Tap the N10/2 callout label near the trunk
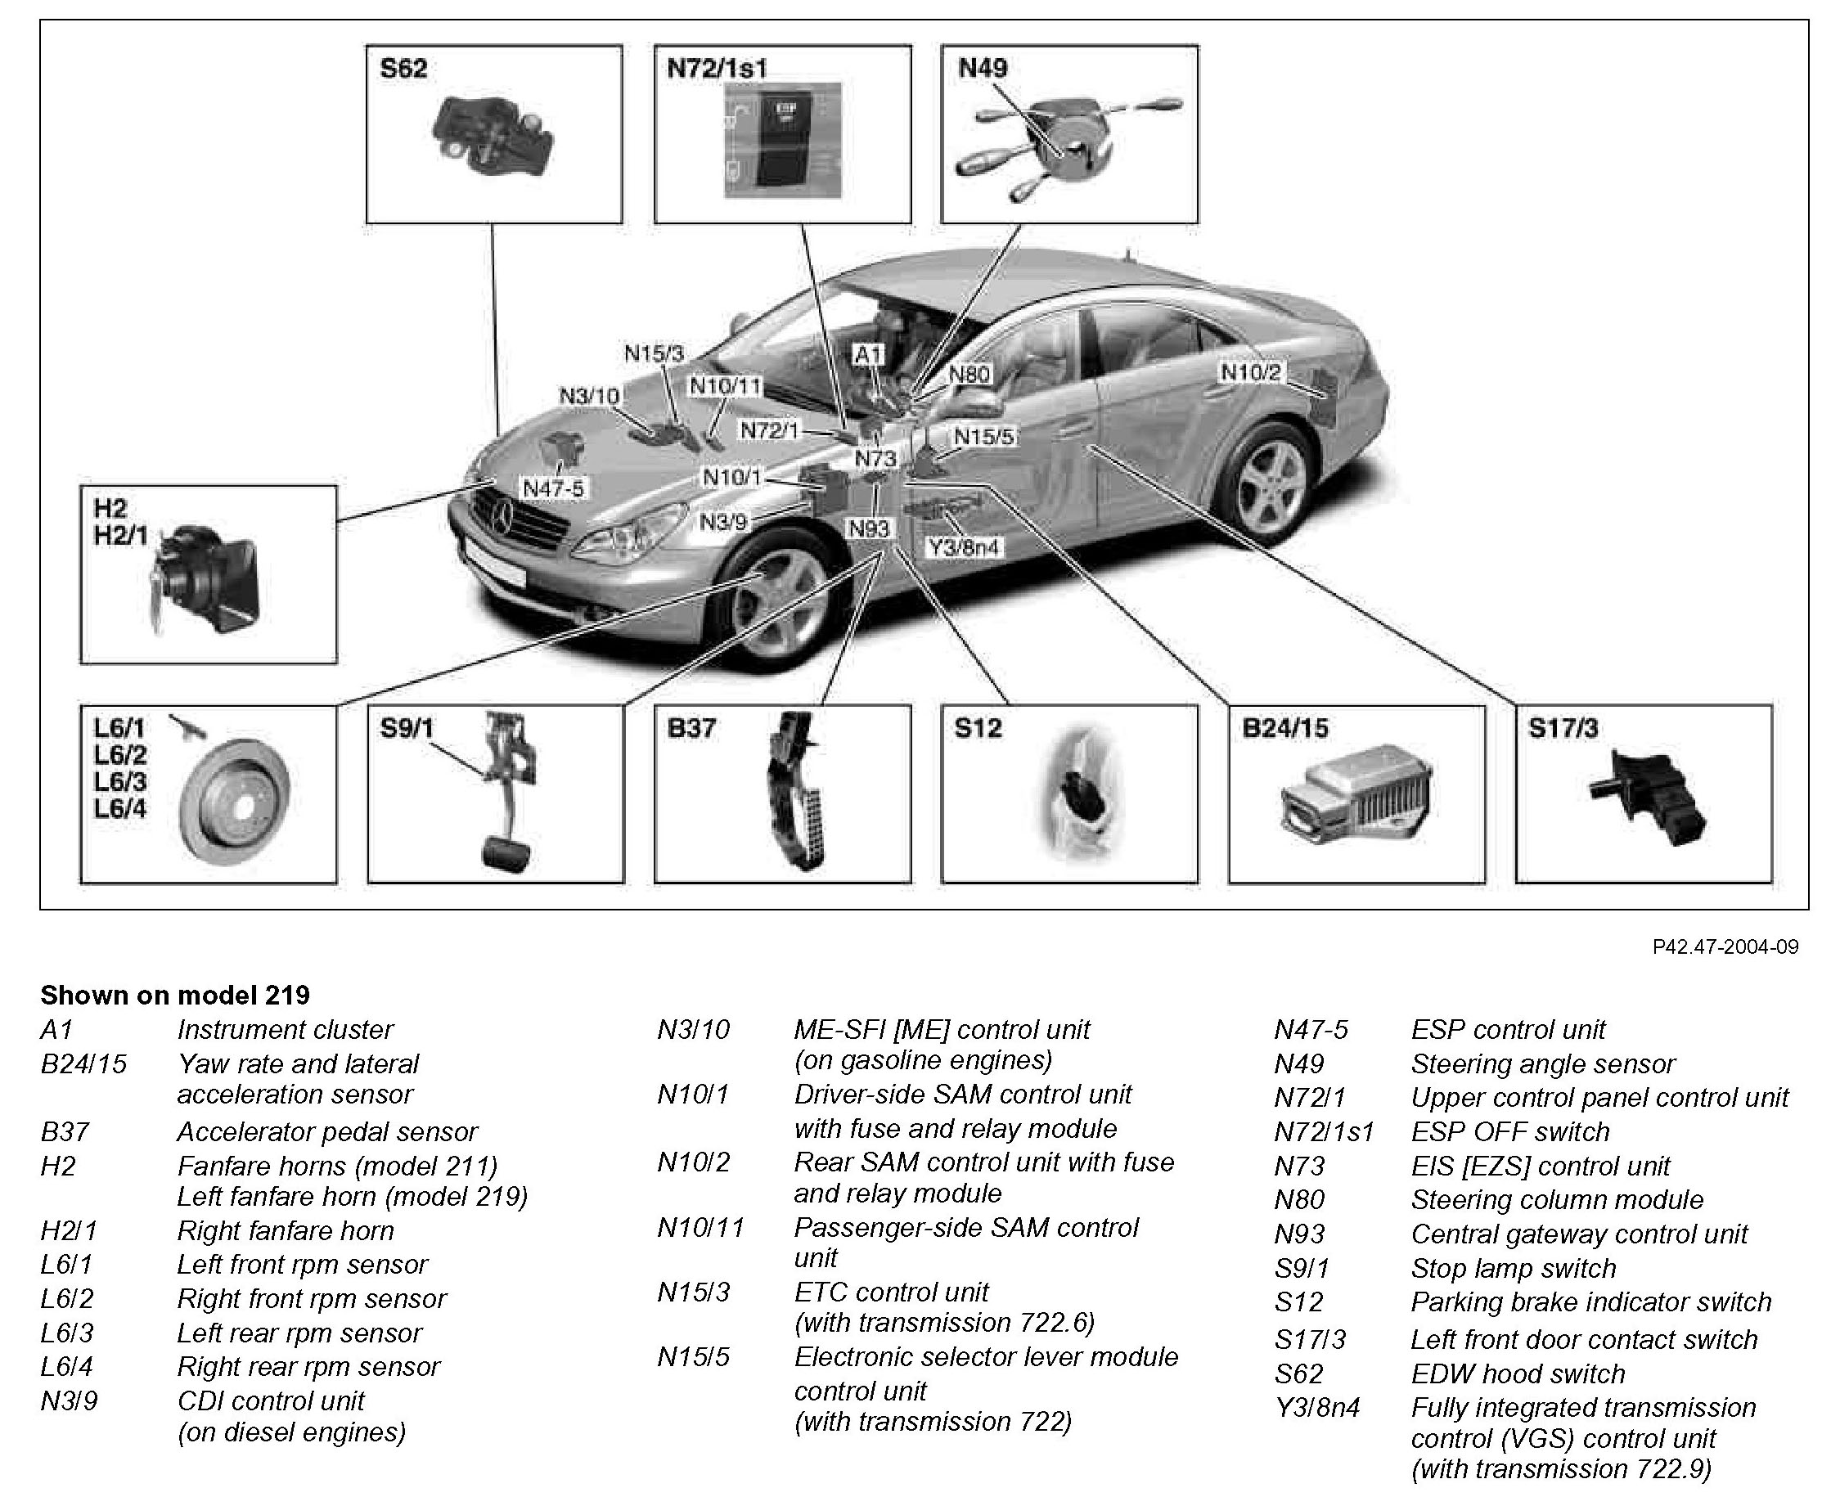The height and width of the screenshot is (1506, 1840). click(x=1251, y=372)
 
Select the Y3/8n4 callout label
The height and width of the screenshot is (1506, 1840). click(x=963, y=547)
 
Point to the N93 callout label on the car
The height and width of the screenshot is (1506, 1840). click(x=868, y=528)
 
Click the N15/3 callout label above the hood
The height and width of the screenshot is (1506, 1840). click(x=655, y=353)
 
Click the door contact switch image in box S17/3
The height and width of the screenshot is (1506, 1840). click(x=1647, y=798)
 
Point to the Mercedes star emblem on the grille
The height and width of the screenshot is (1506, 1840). click(x=501, y=519)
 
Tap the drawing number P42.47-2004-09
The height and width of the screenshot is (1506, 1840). click(x=1725, y=946)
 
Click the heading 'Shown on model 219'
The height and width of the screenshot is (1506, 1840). click(x=175, y=994)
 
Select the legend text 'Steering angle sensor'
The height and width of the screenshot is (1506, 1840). click(x=1542, y=1063)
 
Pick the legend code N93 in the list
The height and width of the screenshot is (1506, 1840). click(x=1298, y=1234)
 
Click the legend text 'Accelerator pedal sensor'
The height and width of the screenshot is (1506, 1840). click(x=327, y=1131)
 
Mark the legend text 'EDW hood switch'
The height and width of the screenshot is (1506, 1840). click(x=1518, y=1373)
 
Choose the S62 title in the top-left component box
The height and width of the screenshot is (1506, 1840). click(x=403, y=69)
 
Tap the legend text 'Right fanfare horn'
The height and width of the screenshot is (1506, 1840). click(x=286, y=1230)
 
